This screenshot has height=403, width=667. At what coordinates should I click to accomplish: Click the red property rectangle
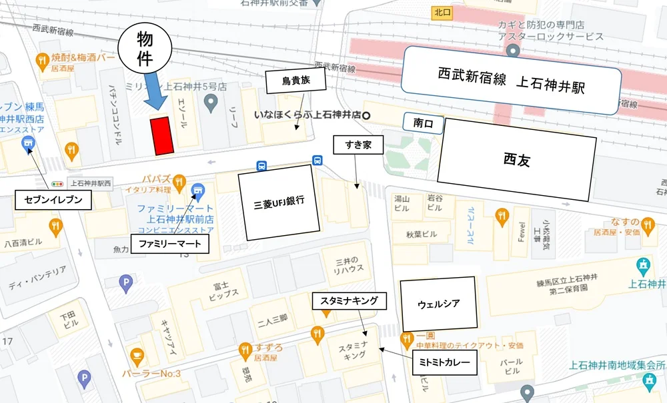161,136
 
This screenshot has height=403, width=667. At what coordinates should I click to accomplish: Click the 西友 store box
516,160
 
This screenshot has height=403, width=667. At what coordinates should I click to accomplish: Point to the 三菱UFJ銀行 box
275,205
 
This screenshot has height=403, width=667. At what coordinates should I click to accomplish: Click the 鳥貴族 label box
294,81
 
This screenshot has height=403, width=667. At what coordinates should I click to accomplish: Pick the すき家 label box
358,144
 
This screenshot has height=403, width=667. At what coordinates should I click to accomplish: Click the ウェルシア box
438,304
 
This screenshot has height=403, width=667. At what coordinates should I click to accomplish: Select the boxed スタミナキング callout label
349,301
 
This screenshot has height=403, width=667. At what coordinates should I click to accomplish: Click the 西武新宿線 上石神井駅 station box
511,79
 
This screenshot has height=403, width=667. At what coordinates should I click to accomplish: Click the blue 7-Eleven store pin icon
28,143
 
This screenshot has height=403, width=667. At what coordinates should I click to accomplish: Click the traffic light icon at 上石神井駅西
59,182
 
